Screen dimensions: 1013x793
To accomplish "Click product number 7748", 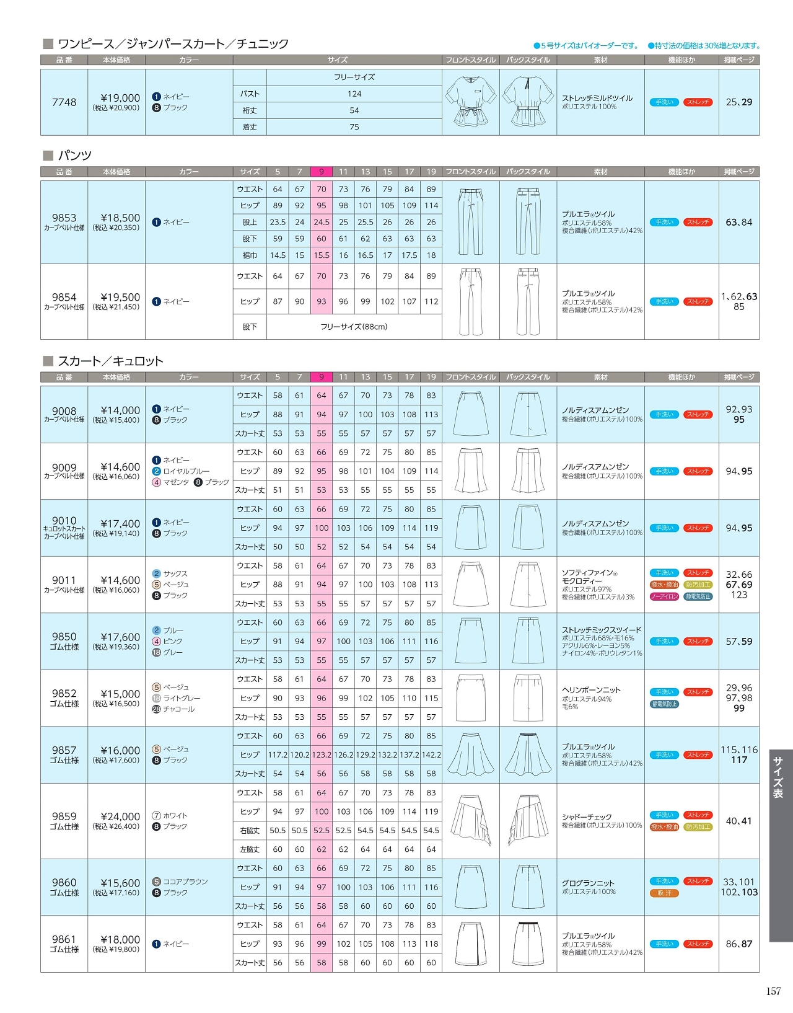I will click(64, 102).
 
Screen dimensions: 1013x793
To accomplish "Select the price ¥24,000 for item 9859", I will click(120, 816).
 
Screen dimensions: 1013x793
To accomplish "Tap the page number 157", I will click(773, 991).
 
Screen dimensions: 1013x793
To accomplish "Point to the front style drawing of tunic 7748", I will click(470, 102).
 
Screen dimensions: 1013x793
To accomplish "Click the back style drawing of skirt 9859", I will click(528, 820).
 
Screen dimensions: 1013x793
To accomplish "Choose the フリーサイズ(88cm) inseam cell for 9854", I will click(354, 327).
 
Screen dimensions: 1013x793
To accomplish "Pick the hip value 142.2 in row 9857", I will click(431, 755).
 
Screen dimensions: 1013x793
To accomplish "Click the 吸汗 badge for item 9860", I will click(664, 893).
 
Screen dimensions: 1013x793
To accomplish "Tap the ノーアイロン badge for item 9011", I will click(664, 596).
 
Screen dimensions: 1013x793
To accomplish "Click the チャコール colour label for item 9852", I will click(178, 709).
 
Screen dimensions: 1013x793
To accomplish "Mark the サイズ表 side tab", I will click(778, 777).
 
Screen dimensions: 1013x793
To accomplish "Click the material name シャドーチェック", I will click(587, 817).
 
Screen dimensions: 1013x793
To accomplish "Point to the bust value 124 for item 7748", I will click(354, 94).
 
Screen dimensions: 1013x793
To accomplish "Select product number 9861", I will click(64, 939).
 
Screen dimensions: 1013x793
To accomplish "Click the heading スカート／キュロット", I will click(110, 361).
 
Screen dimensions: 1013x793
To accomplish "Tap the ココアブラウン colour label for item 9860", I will click(185, 882).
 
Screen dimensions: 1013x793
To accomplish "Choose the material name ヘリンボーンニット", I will click(591, 689).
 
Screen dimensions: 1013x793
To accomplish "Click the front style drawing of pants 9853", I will click(470, 221).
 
